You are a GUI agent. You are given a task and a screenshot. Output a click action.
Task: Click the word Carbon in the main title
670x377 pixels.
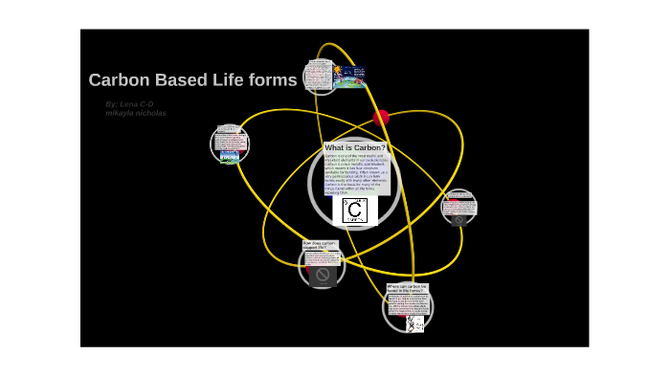pyautogui.click(x=116, y=80)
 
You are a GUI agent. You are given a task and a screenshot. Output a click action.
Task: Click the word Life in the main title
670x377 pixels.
pyautogui.click(x=221, y=80)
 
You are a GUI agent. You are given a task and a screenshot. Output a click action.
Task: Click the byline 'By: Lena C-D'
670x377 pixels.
pyautogui.click(x=129, y=103)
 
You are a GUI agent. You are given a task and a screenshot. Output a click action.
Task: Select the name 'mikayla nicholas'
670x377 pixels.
pyautogui.click(x=135, y=113)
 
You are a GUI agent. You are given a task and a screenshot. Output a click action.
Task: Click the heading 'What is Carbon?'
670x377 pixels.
pyautogui.click(x=355, y=148)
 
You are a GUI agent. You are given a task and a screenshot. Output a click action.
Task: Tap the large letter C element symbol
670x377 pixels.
pyautogui.click(x=354, y=211)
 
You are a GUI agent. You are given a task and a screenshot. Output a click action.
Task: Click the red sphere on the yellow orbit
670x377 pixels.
pyautogui.click(x=381, y=118)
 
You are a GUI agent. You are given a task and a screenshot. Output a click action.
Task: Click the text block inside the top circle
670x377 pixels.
pyautogui.click(x=318, y=76)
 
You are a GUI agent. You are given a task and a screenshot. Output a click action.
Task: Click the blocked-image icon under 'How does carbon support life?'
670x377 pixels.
pyautogui.click(x=323, y=276)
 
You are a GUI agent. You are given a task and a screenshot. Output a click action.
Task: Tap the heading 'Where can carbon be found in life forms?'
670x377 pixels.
pyautogui.click(x=407, y=288)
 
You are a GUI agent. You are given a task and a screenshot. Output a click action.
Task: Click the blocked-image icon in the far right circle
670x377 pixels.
pyautogui.click(x=458, y=218)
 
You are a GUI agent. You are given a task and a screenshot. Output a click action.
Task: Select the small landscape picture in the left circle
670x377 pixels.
pyautogui.click(x=230, y=155)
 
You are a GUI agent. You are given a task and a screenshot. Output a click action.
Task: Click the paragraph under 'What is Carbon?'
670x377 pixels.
pyautogui.click(x=356, y=173)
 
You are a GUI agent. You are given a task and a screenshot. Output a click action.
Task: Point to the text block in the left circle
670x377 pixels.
pyautogui.click(x=229, y=136)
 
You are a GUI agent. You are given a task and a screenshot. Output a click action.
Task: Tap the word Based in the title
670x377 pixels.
pyautogui.click(x=174, y=80)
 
